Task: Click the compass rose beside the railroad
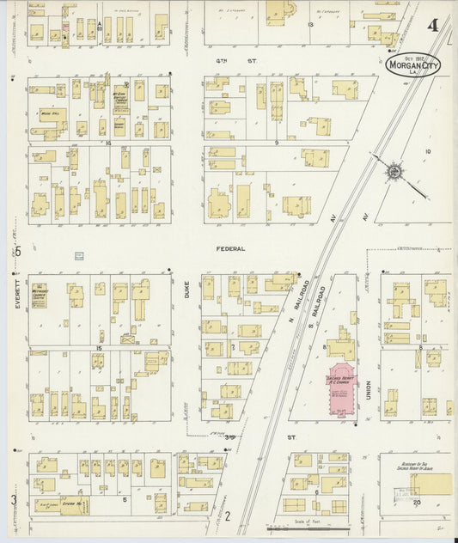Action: (394, 172)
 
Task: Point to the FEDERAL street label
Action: (230, 249)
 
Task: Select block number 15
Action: (99, 347)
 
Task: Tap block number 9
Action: (277, 142)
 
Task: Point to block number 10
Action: (427, 151)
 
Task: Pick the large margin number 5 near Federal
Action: (16, 251)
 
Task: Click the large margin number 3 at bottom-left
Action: (14, 500)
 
